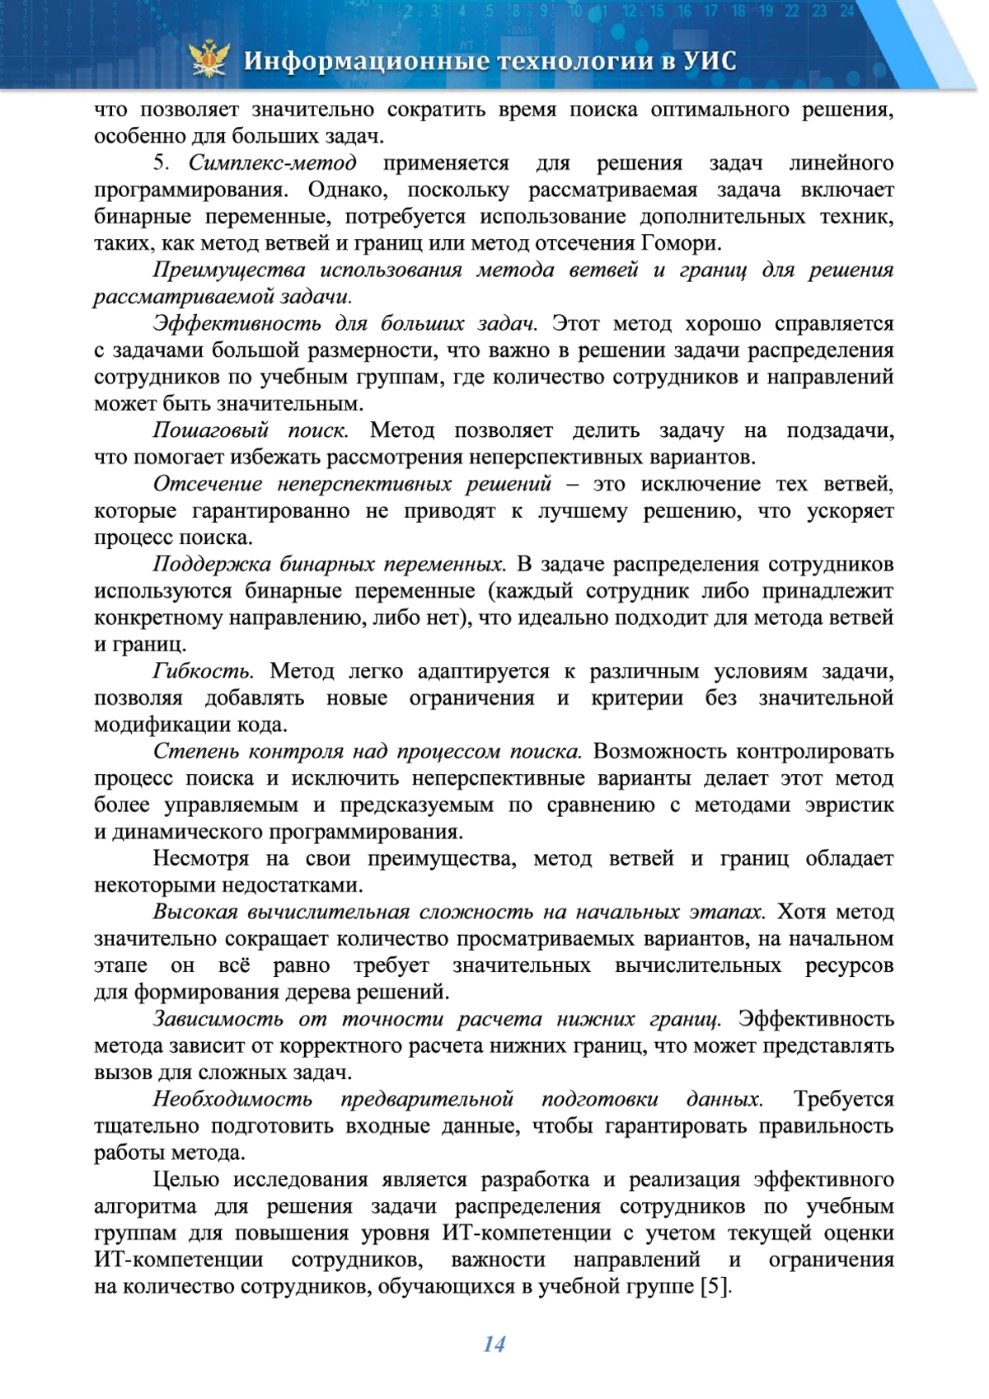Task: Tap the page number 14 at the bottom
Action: (x=494, y=1344)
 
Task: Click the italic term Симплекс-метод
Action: (x=272, y=162)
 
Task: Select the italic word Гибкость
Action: (x=202, y=671)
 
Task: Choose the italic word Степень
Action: (x=195, y=751)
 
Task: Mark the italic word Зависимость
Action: (x=218, y=1019)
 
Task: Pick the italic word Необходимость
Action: (x=232, y=1099)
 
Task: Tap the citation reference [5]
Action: (x=715, y=1287)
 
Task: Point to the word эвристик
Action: (x=849, y=805)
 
